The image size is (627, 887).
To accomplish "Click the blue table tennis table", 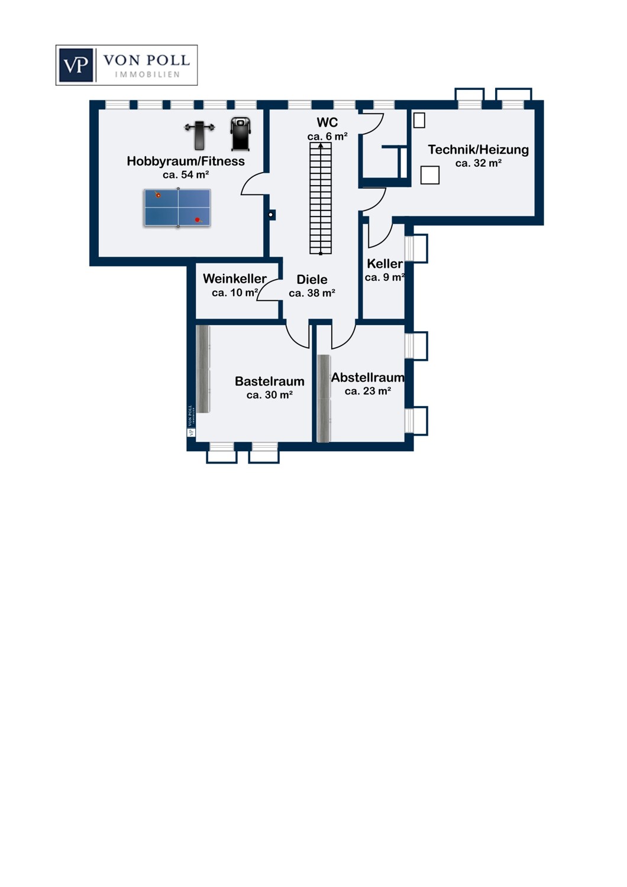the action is pos(177,208).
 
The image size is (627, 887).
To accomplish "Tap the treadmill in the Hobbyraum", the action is pos(240,134).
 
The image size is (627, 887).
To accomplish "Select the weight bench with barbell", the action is pos(199,135).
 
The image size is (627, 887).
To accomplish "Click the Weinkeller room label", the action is pos(235,279).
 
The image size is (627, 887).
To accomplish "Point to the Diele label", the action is pos(312,280).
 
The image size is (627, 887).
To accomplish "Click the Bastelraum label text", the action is pos(270,381).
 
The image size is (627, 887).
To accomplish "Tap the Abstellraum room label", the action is pos(368,377).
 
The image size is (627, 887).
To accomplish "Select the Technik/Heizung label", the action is pos(478,150).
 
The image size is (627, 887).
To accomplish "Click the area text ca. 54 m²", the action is pos(186,174).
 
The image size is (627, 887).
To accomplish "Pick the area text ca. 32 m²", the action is pos(479,163).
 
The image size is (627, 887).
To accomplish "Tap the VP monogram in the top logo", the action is pos(76,65).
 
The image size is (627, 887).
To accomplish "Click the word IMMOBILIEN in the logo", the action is pos(147,75).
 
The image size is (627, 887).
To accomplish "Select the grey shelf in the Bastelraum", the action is pos(203,369).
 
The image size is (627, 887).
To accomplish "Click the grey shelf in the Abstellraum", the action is pos(324,398).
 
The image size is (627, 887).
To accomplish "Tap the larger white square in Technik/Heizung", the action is pos(430,175).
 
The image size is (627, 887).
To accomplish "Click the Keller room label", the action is pos(384,264).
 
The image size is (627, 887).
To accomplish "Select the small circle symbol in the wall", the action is pos(271,215).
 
